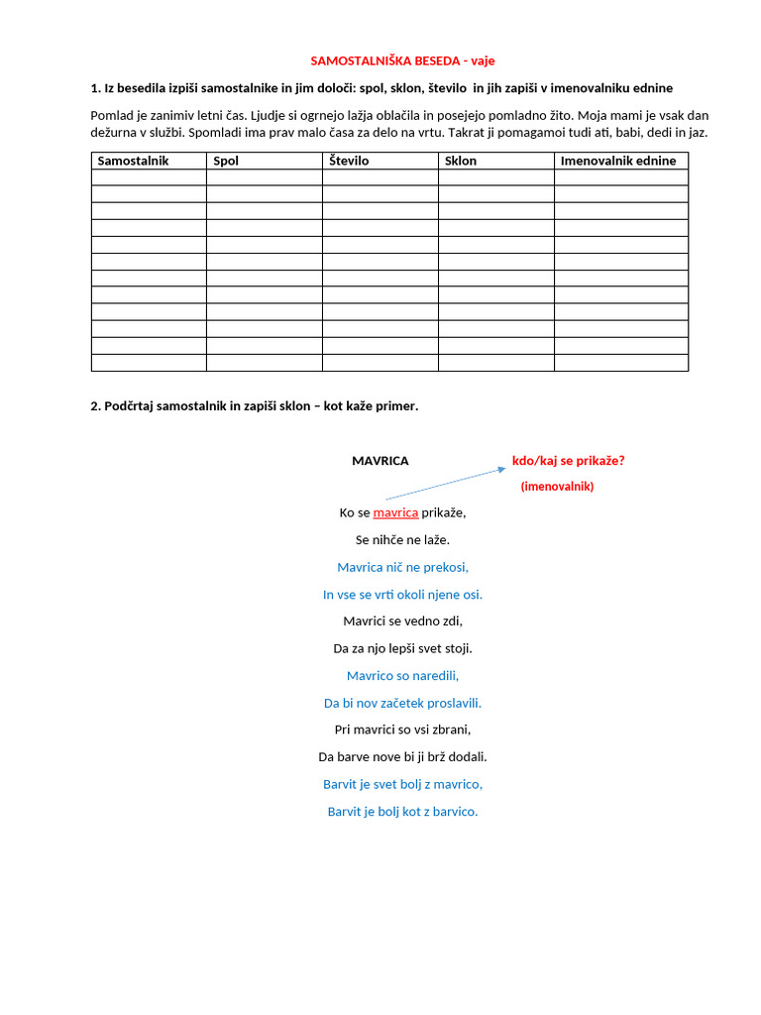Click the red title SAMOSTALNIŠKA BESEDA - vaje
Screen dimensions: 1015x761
[x=409, y=60]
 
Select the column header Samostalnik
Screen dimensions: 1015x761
[x=133, y=161]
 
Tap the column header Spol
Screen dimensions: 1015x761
[x=226, y=161]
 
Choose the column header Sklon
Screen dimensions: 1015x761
[x=461, y=161]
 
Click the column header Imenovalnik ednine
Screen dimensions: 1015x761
[x=618, y=161]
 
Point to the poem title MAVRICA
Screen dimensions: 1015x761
[x=380, y=461]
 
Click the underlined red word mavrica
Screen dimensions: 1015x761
[x=395, y=512]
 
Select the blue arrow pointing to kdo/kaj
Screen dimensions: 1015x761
[x=445, y=484]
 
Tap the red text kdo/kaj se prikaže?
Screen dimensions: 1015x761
[x=568, y=461]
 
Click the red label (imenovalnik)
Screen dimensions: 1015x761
[x=557, y=487]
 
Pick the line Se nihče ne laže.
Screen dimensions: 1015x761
[x=402, y=540]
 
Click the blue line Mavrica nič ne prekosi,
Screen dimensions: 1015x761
[x=402, y=567]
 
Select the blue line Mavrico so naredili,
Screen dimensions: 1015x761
[x=402, y=676]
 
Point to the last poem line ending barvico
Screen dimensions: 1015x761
[x=402, y=812]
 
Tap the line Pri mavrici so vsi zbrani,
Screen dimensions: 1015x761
[x=402, y=730]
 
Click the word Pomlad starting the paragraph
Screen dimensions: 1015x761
[x=112, y=115]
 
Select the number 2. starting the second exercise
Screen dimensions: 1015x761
[x=95, y=406]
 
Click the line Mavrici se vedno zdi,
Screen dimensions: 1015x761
[x=402, y=621]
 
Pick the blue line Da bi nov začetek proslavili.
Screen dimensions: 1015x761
[x=402, y=703]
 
